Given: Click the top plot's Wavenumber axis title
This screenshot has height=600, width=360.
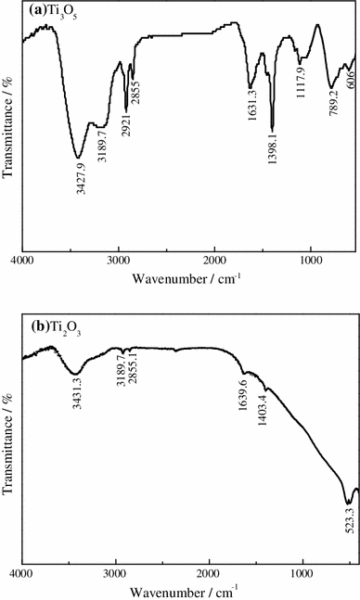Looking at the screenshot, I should pyautogui.click(x=186, y=278).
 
